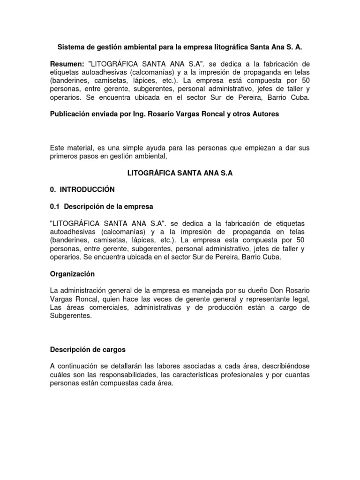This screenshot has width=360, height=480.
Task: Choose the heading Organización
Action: (72, 274)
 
